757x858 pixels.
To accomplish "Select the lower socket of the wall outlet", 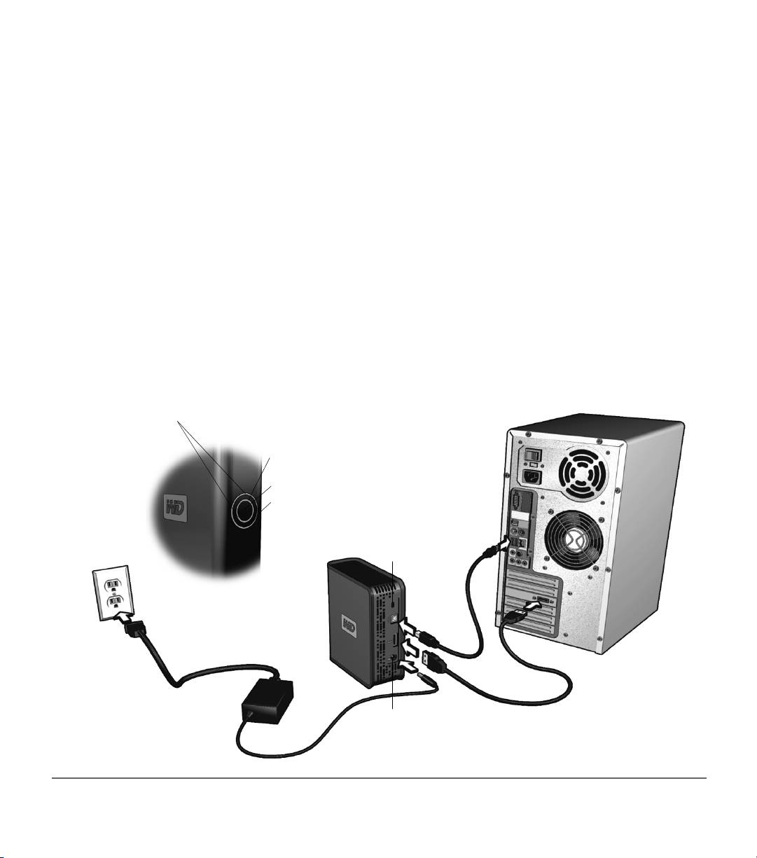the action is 115,602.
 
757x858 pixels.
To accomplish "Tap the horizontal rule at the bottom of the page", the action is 379,777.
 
